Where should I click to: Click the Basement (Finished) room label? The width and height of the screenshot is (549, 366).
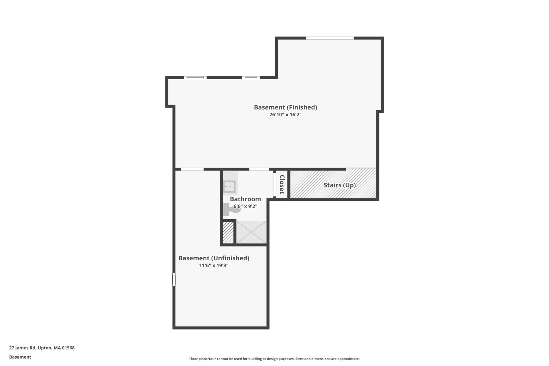click(x=285, y=107)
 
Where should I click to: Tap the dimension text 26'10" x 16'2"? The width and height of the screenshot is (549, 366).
click(x=285, y=115)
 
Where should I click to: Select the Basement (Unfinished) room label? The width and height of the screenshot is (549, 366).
click(x=214, y=258)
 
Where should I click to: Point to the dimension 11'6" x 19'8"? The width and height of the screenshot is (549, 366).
click(x=214, y=265)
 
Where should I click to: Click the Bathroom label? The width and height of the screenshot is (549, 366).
click(x=245, y=199)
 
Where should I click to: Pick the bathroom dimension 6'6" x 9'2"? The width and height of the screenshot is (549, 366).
click(x=245, y=206)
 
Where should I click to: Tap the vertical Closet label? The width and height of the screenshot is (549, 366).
click(x=282, y=184)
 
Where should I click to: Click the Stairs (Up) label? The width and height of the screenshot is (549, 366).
click(x=339, y=185)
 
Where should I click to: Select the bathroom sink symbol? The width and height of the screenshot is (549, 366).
click(x=229, y=186)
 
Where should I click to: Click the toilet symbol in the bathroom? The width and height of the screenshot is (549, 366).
click(x=231, y=209)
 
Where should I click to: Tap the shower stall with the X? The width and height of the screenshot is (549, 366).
click(x=251, y=232)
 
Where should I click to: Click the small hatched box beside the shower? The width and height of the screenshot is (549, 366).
click(x=228, y=232)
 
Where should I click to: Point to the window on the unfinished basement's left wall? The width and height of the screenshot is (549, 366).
click(x=174, y=279)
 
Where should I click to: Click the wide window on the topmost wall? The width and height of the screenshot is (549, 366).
click(x=330, y=38)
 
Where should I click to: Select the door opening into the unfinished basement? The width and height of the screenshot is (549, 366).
click(x=192, y=169)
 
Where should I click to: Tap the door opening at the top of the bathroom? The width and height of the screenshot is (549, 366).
click(x=259, y=169)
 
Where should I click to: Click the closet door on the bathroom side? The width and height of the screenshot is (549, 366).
click(x=274, y=185)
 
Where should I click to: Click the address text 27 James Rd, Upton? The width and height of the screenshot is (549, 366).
click(x=42, y=348)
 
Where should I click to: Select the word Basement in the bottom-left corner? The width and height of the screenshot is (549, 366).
click(x=20, y=357)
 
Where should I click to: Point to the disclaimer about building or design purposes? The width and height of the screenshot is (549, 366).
click(x=274, y=359)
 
